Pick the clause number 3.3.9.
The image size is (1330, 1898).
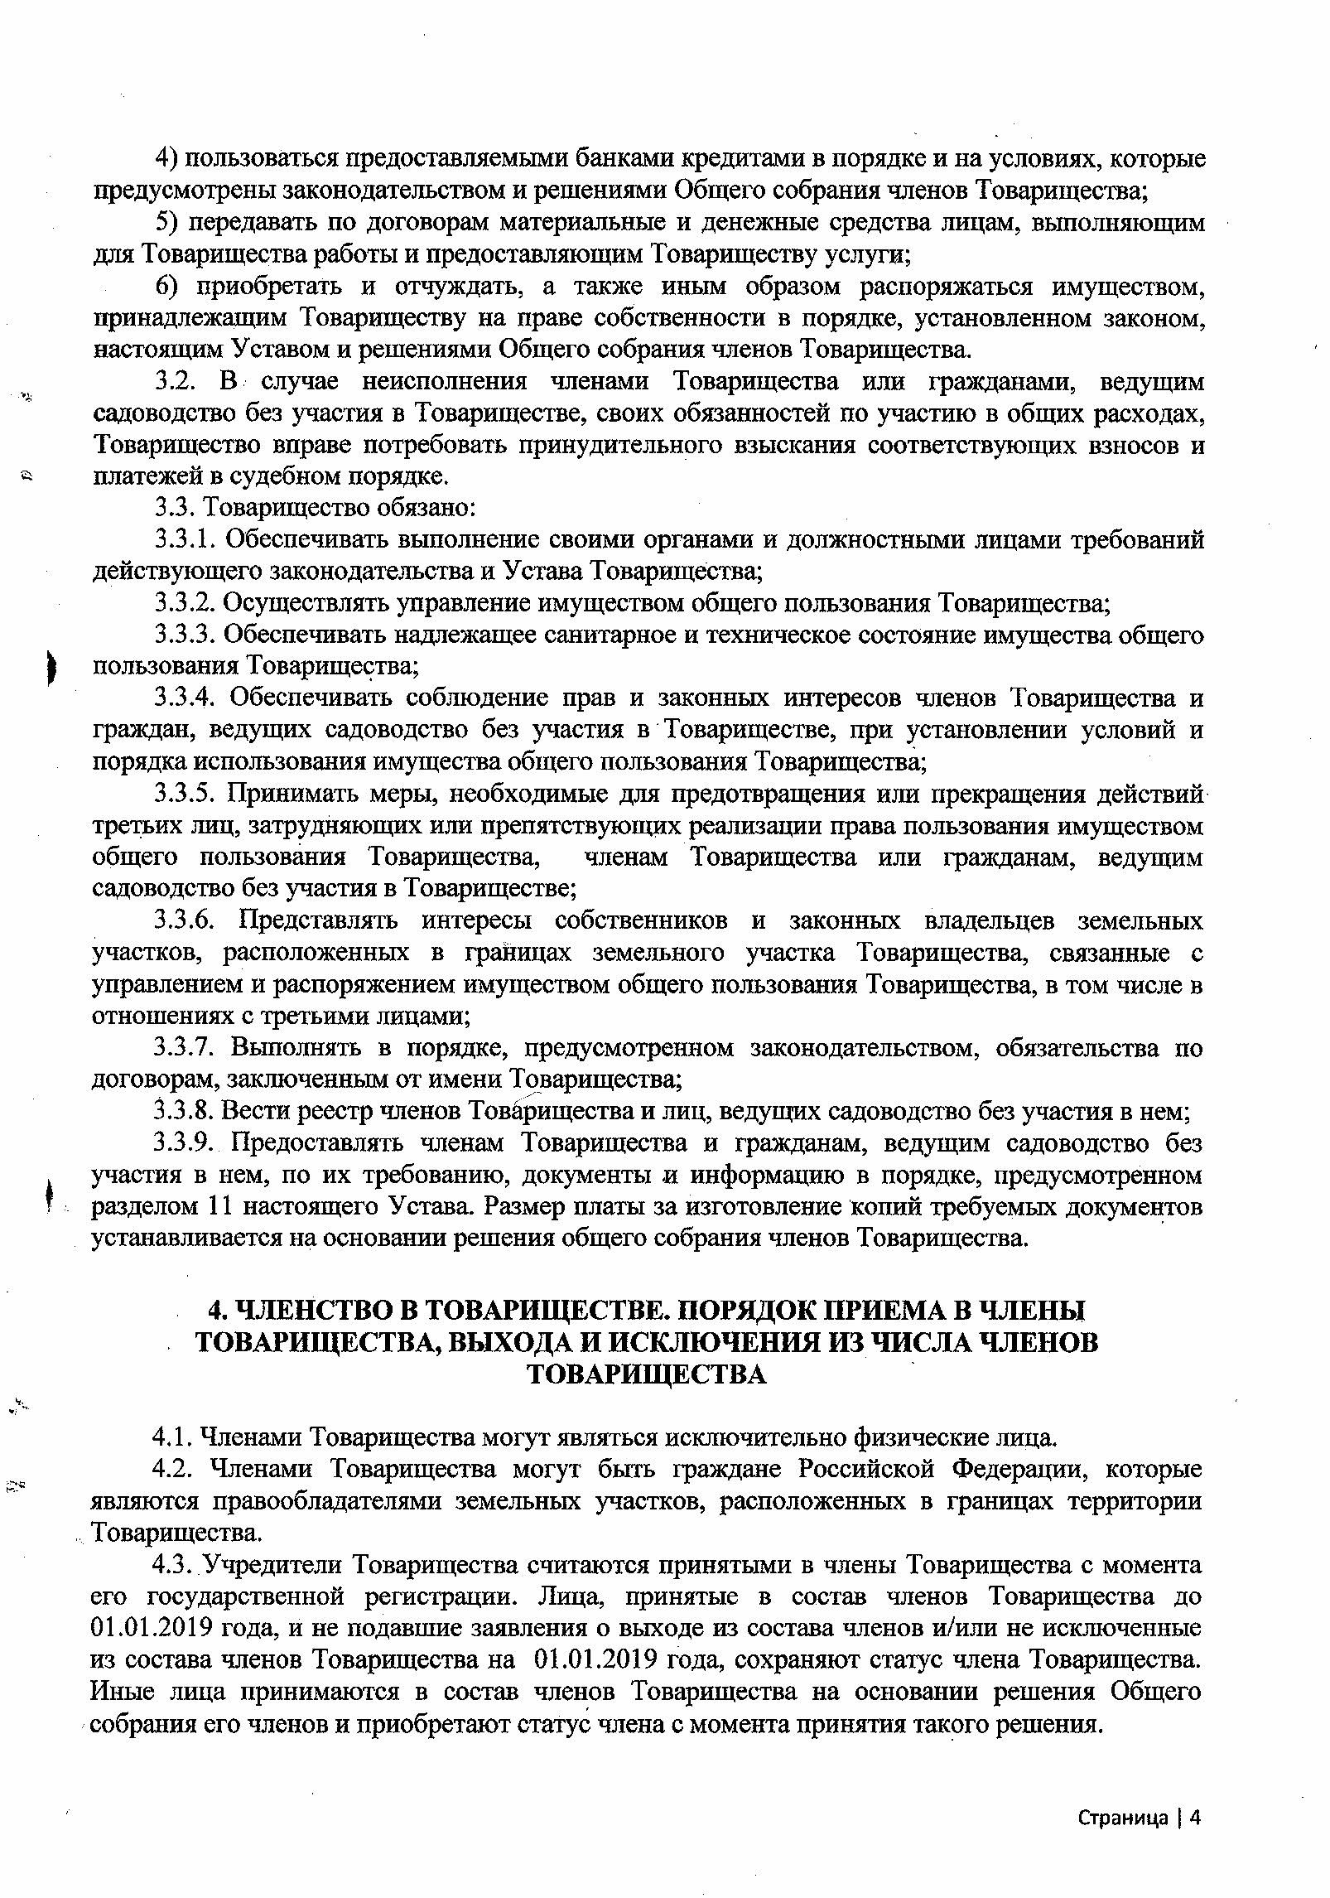point(187,1143)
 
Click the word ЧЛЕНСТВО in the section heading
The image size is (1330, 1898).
point(309,1311)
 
